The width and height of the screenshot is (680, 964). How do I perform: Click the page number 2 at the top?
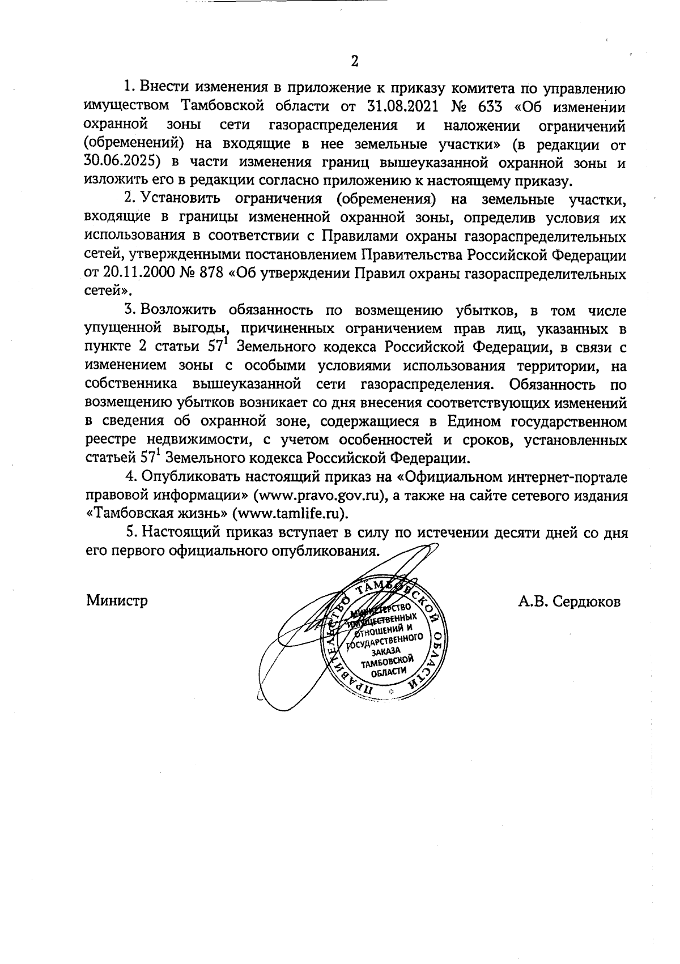(x=355, y=61)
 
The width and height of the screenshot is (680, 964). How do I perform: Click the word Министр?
(x=117, y=600)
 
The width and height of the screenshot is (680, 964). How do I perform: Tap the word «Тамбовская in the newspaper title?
(x=127, y=513)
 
